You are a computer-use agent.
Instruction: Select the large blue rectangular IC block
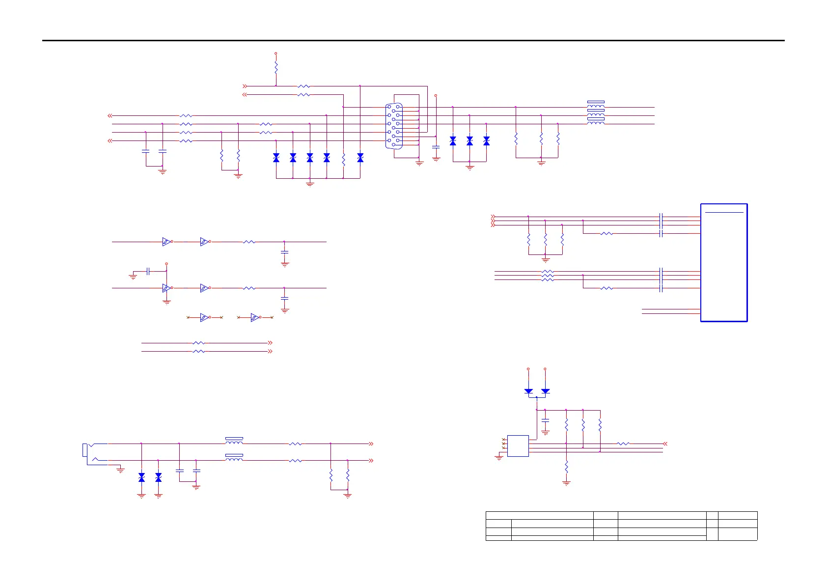pyautogui.click(x=724, y=263)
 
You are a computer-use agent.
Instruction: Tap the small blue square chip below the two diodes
pyautogui.click(x=518, y=446)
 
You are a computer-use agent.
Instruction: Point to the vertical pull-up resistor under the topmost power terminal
pyautogui.click(x=276, y=68)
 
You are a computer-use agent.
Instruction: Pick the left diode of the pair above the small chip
pyautogui.click(x=528, y=391)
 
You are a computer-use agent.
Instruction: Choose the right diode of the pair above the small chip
pyautogui.click(x=545, y=391)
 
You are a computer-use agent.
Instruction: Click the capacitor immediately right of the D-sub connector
pyautogui.click(x=436, y=147)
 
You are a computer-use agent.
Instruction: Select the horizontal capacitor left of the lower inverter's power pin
pyautogui.click(x=148, y=271)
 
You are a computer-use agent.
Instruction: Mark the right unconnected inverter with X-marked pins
pyautogui.click(x=254, y=318)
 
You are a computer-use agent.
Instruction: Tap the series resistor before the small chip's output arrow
pyautogui.click(x=623, y=444)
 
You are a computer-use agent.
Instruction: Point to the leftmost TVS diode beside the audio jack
pyautogui.click(x=141, y=477)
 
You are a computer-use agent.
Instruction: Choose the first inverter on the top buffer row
pyautogui.click(x=166, y=242)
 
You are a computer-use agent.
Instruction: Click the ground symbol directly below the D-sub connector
pyautogui.click(x=419, y=164)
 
